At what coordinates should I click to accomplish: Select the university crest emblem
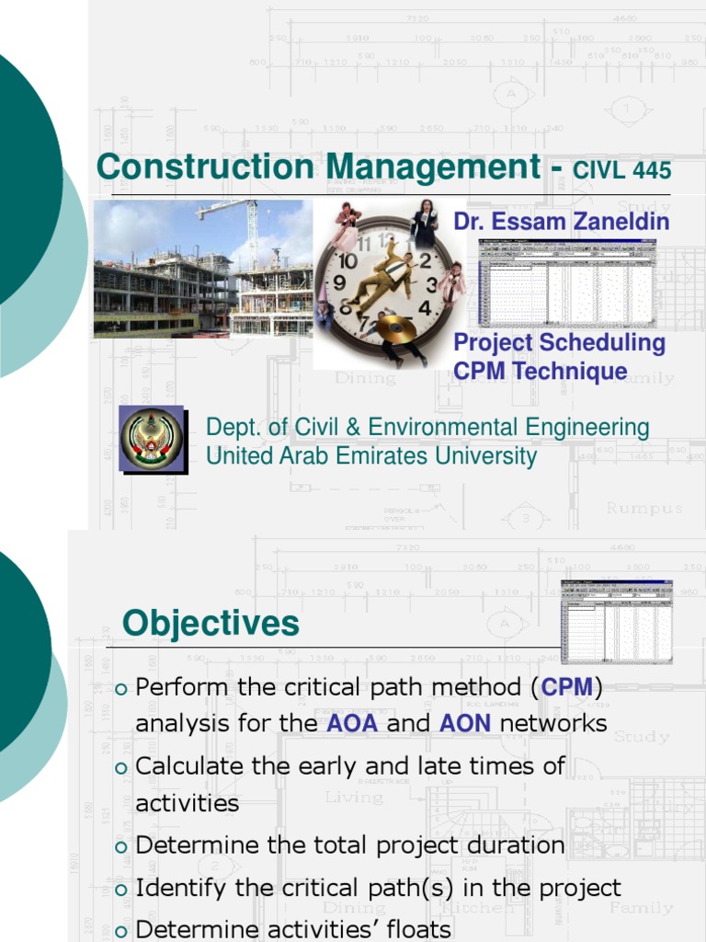[x=153, y=439]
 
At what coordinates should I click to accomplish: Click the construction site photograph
[x=202, y=269]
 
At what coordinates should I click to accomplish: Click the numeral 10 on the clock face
[x=347, y=261]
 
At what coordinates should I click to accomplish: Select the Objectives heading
[x=211, y=624]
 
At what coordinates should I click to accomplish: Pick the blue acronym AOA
[x=352, y=723]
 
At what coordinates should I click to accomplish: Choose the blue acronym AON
[x=464, y=723]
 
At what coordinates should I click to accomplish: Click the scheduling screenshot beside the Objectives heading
[x=617, y=622]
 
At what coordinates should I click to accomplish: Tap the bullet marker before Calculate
[x=122, y=767]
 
